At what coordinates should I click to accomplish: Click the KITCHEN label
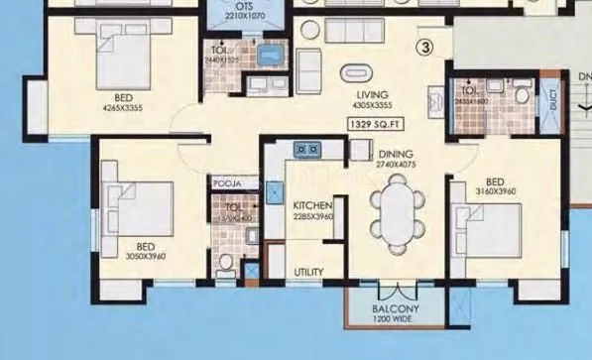point(310,205)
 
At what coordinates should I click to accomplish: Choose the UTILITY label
point(308,272)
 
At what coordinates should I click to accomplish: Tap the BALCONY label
point(397,309)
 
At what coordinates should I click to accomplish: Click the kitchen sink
point(305,151)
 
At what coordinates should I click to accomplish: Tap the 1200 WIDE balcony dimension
point(396,320)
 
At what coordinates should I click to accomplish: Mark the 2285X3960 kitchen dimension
point(312,217)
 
